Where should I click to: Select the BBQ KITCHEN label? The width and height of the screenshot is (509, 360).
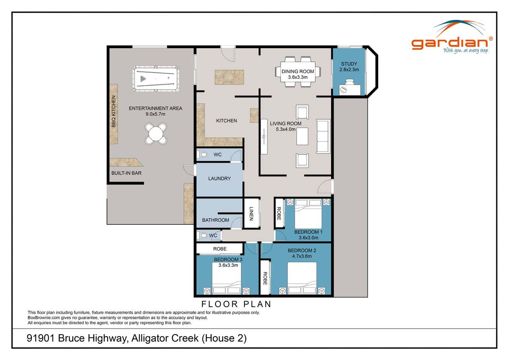[114, 112]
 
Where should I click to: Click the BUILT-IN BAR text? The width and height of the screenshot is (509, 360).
[126, 173]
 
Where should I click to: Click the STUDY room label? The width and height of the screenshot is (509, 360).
[349, 64]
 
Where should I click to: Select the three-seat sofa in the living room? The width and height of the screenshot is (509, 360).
[323, 136]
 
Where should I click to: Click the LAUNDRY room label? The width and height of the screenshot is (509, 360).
[219, 179]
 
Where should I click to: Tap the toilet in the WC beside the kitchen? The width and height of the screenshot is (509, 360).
[203, 155]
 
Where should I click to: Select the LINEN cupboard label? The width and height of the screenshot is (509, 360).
[251, 214]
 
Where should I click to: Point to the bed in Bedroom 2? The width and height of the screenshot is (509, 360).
[302, 277]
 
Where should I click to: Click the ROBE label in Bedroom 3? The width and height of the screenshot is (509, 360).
[220, 249]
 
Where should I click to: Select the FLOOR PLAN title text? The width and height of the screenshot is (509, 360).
[236, 304]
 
